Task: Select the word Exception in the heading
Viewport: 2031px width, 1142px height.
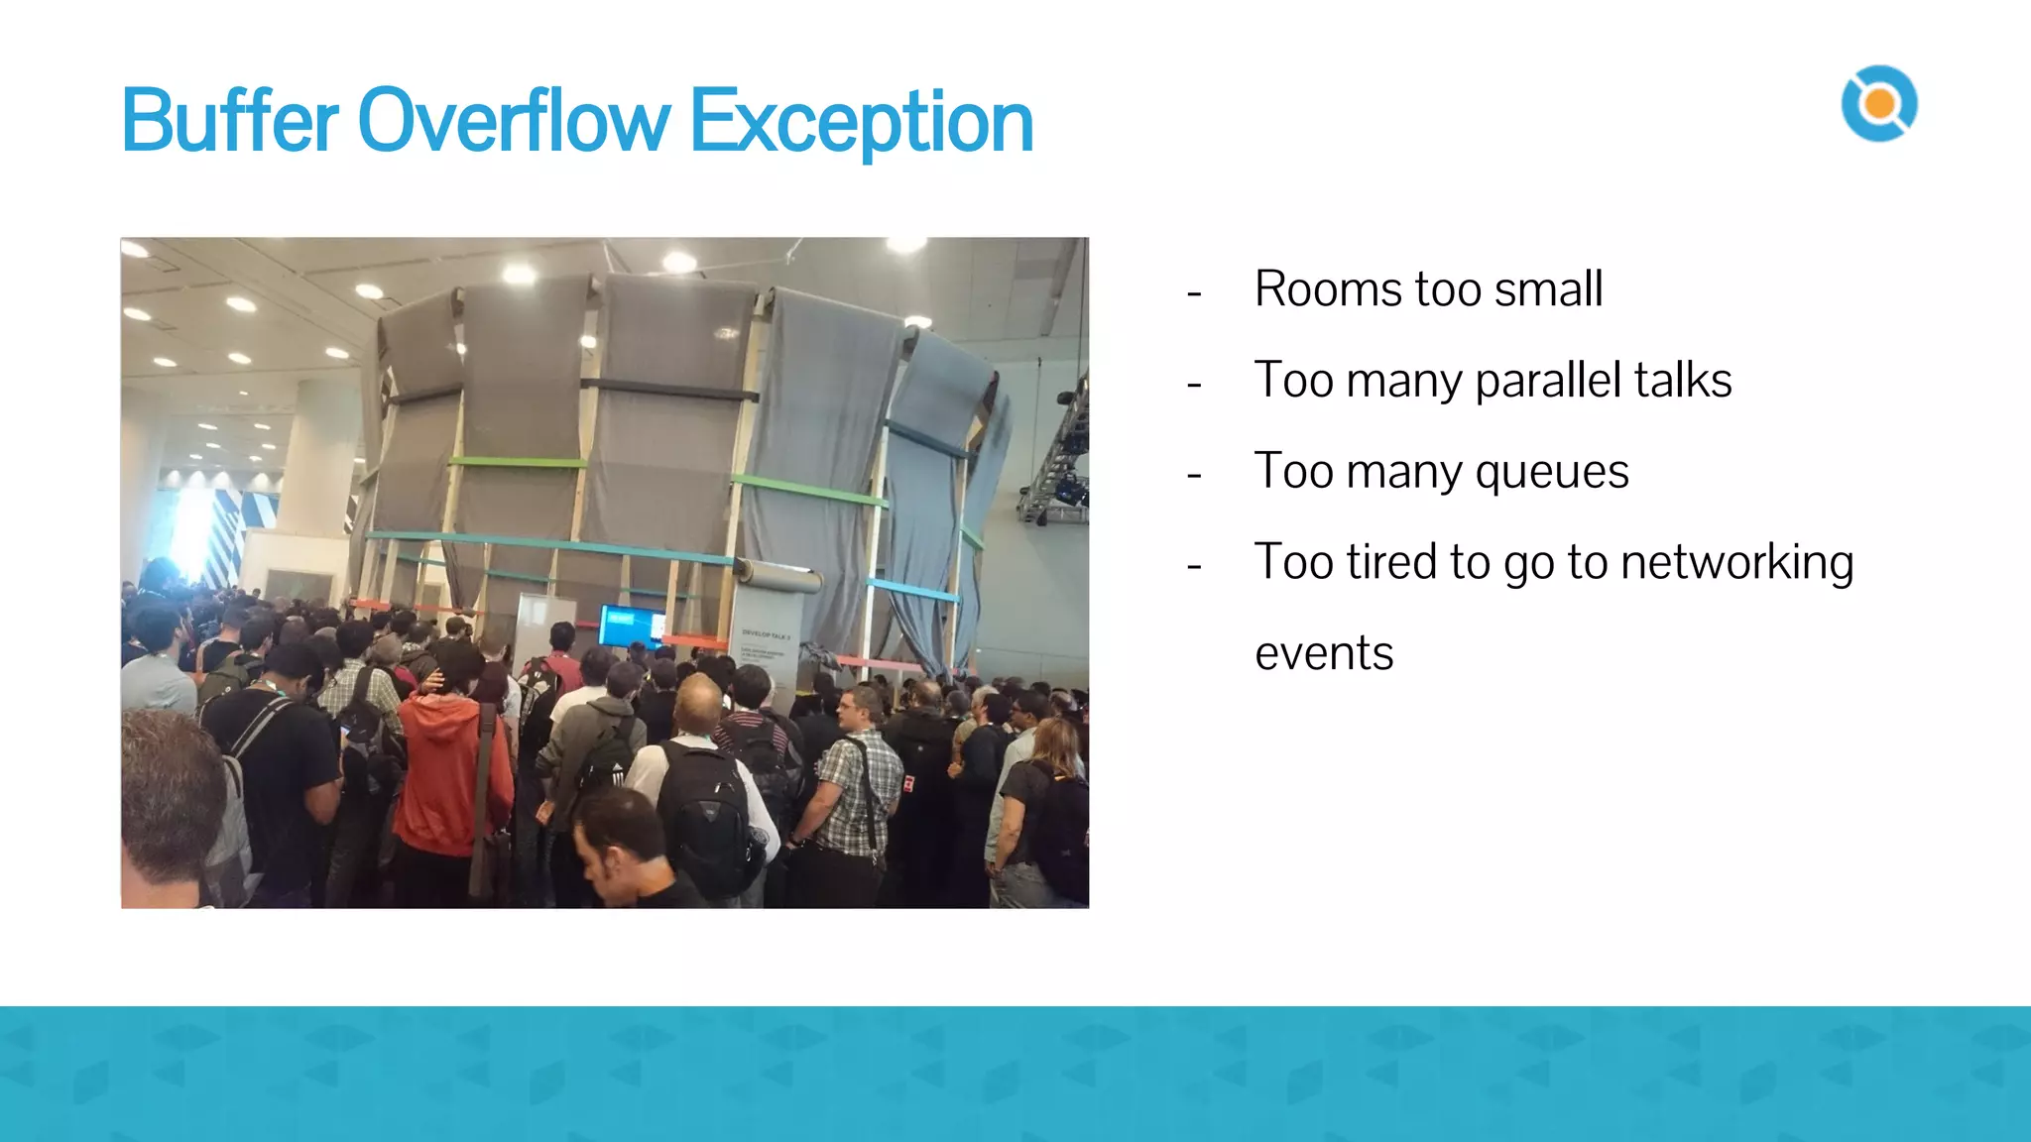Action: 861,123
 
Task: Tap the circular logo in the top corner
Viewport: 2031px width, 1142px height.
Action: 1878,104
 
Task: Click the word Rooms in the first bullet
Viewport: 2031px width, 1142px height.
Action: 1328,289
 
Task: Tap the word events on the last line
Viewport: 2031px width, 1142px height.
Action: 1324,654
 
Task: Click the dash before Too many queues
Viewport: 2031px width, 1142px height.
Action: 1194,476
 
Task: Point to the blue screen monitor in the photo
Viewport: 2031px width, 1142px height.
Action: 632,626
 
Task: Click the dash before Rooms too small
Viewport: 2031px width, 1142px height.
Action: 1194,293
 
